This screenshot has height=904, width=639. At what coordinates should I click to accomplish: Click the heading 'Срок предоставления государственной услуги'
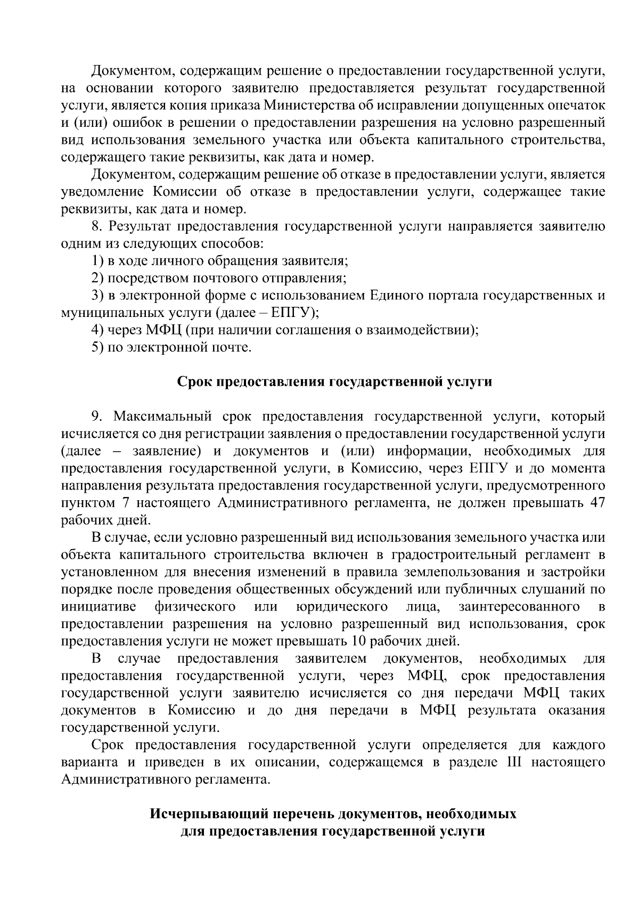[x=334, y=382]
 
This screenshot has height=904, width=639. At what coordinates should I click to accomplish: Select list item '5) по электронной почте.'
[x=170, y=348]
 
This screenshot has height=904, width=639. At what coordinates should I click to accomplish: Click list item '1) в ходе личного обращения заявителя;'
[x=219, y=261]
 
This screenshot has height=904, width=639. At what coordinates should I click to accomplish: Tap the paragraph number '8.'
[x=96, y=226]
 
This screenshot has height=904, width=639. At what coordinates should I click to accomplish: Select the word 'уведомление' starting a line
[x=103, y=192]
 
